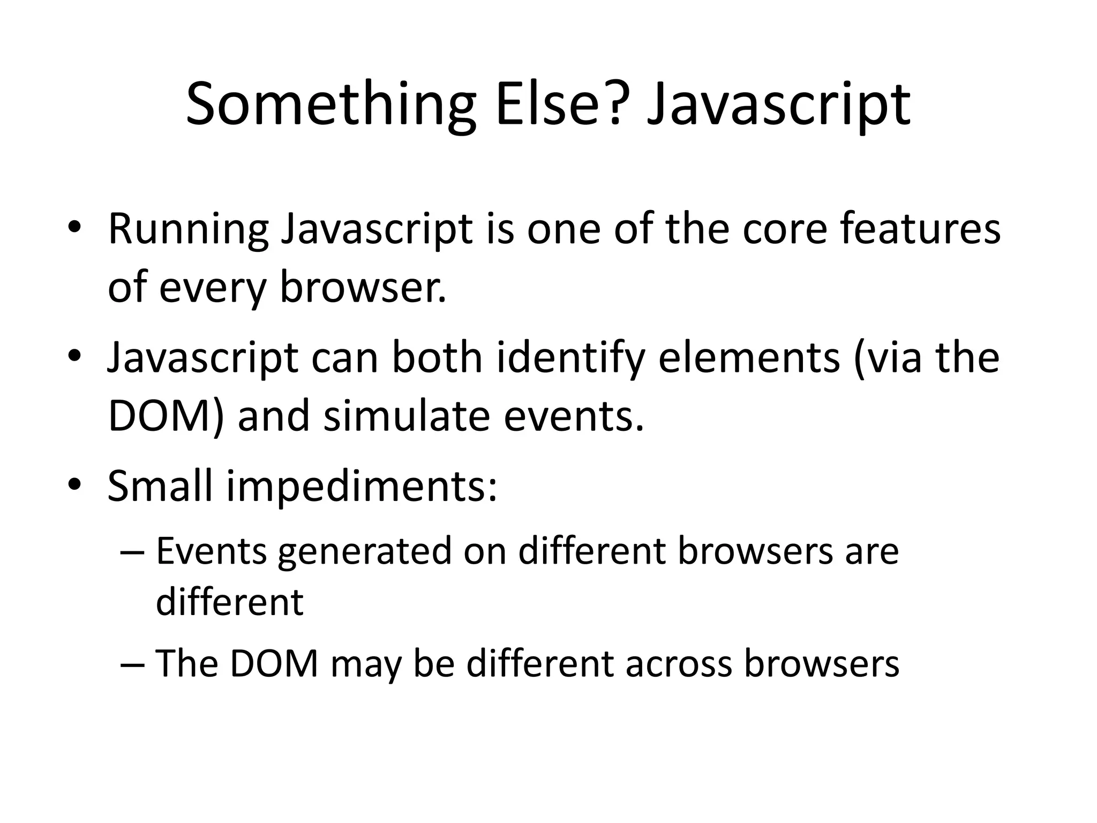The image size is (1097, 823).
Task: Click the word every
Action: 213,288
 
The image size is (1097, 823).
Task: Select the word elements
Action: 749,358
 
